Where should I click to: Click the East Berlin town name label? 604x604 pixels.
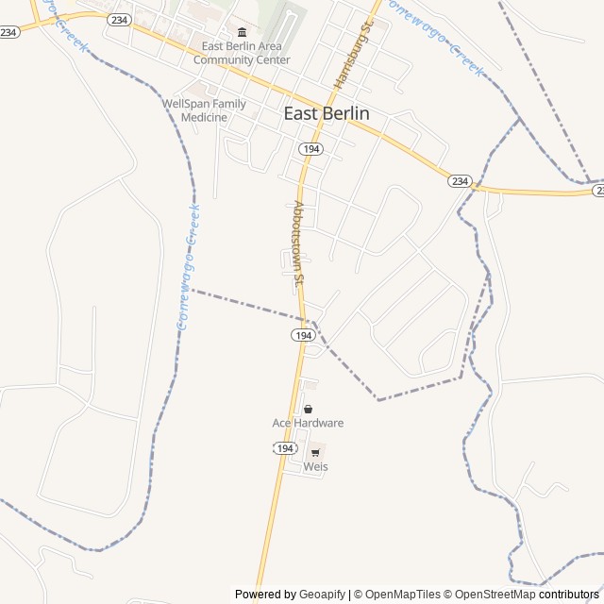click(x=327, y=113)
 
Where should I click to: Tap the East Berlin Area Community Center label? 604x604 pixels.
click(x=242, y=53)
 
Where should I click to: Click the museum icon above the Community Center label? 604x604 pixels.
click(x=242, y=33)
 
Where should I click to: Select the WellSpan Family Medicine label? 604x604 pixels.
click(x=204, y=110)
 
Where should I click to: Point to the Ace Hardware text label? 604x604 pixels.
click(x=308, y=423)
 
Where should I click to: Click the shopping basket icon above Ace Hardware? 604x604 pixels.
click(x=308, y=409)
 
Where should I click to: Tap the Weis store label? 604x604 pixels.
click(x=315, y=466)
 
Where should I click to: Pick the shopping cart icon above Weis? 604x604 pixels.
click(x=315, y=452)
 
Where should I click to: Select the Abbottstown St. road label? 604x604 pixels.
click(x=299, y=243)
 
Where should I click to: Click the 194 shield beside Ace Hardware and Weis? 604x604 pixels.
click(x=286, y=448)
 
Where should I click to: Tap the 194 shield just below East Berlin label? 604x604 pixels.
click(x=311, y=149)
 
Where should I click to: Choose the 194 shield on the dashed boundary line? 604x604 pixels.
click(x=303, y=335)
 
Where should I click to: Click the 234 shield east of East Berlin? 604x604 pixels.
click(x=459, y=180)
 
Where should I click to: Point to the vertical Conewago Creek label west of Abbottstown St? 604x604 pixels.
click(x=188, y=268)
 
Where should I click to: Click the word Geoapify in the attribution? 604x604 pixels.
click(x=322, y=595)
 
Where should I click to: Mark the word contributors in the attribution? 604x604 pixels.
click(x=569, y=595)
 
